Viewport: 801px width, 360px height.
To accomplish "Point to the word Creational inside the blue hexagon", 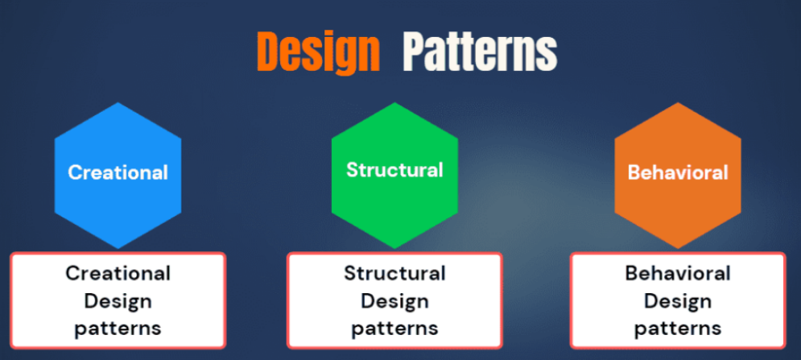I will coord(118,172).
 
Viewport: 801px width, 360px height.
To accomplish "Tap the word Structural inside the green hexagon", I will coord(394,170).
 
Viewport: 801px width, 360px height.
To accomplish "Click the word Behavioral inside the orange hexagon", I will coord(678,172).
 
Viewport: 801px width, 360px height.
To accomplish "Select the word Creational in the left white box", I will coord(118,273).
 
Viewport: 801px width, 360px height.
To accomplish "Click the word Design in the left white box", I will coord(118,301).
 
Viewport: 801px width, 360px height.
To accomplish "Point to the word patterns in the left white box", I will coord(118,329).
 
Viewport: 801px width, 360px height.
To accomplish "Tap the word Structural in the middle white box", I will coord(394,273).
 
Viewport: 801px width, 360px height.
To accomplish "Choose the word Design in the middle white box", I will coord(394,301).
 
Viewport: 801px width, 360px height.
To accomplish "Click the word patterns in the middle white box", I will coord(394,329).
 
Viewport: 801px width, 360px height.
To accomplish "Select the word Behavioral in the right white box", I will coord(678,273).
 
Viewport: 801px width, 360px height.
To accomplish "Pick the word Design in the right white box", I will coord(678,301).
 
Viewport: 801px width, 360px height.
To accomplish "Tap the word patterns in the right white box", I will coord(678,329).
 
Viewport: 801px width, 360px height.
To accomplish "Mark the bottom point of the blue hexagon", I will coord(118,247).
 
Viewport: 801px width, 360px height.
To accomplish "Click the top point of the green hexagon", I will coord(394,103).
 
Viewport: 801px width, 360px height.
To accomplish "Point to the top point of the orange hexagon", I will coord(678,103).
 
